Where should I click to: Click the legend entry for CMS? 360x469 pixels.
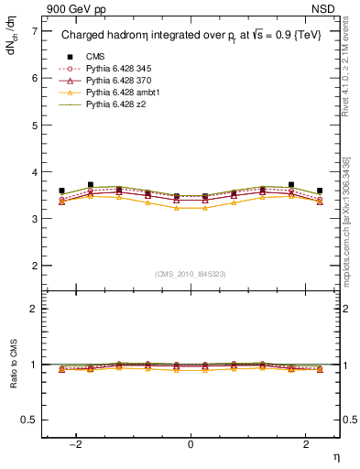[95, 56]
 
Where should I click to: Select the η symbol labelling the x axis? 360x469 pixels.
[335, 455]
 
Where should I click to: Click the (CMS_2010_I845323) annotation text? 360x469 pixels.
[191, 274]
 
